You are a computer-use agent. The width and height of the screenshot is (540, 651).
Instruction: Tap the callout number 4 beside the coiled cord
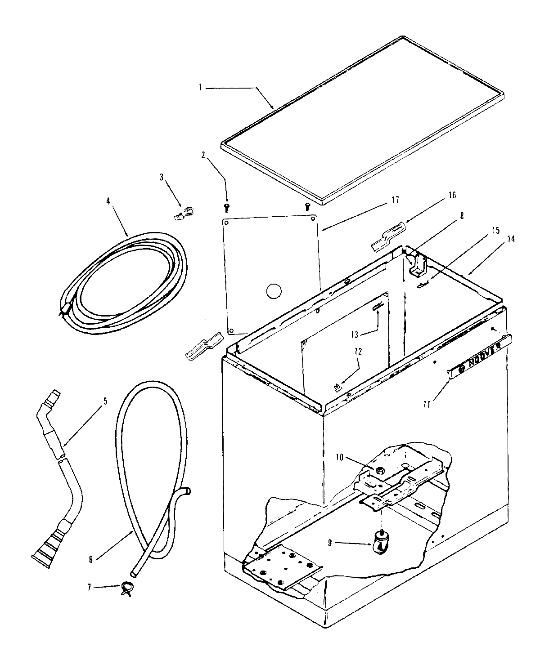pos(108,201)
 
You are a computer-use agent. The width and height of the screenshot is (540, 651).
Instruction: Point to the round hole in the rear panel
pos(274,291)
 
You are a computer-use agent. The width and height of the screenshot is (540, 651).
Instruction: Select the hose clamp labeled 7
pos(126,587)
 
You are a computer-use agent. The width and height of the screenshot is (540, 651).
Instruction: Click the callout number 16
pos(452,195)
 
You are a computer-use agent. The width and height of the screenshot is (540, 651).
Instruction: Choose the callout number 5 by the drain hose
pos(105,401)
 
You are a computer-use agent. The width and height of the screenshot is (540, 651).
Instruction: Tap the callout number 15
pos(495,230)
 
